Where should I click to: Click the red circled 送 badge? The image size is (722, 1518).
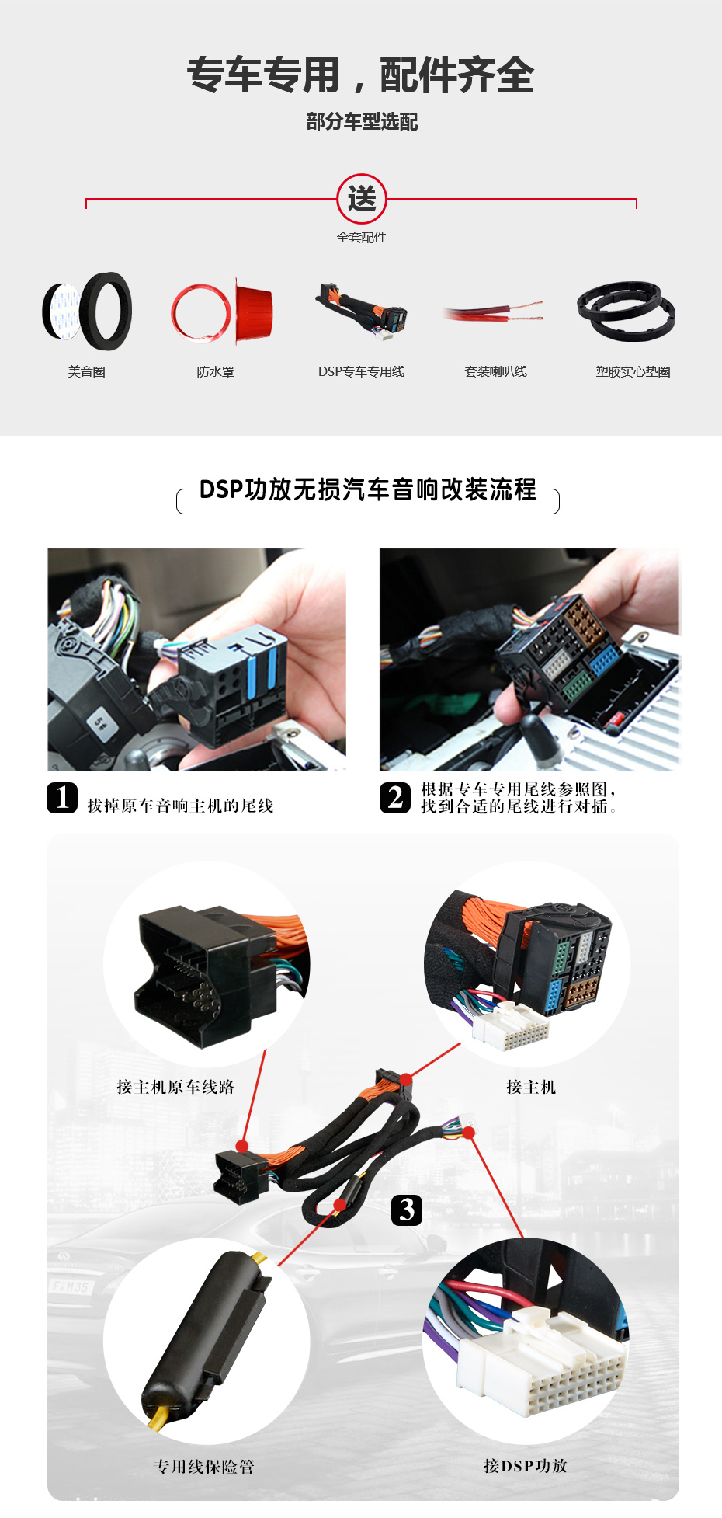[x=362, y=199]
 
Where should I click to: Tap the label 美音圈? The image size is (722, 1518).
[x=86, y=372]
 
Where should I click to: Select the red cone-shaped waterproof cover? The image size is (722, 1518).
[x=254, y=312]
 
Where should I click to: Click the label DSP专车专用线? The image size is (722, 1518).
[x=361, y=372]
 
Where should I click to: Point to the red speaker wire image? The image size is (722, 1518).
[x=494, y=312]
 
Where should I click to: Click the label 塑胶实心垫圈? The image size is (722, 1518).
[x=633, y=372]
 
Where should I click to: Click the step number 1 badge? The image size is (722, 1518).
[x=62, y=798]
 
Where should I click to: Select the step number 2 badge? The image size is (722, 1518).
[x=395, y=798]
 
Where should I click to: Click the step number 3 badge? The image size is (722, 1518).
[x=407, y=1210]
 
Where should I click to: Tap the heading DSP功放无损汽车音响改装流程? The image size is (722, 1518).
[x=368, y=489]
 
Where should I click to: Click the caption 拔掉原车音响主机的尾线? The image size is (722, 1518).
[x=180, y=806]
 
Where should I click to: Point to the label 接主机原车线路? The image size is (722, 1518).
[x=175, y=1087]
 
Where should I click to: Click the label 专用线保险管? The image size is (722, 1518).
[x=204, y=1466]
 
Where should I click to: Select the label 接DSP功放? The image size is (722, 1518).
[x=526, y=1465]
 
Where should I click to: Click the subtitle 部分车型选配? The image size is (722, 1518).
[x=362, y=121]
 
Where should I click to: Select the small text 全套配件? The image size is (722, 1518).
[x=361, y=238]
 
